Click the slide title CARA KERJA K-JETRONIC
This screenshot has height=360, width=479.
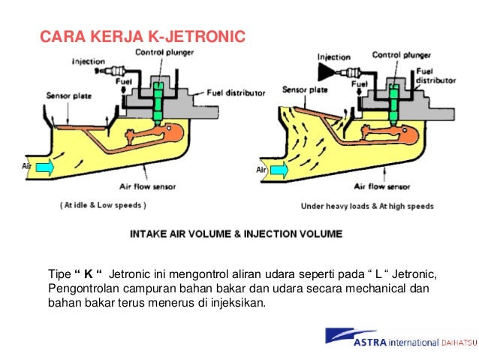pos(141,36)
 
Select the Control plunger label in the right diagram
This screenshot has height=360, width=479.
pos(402,55)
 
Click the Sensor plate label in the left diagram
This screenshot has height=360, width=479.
pos(70,95)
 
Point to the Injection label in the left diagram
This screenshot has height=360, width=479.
pos(88,62)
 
